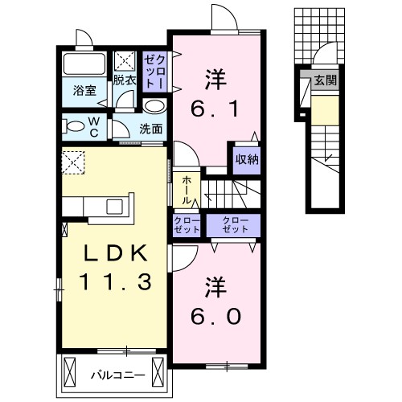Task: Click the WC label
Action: (94, 126)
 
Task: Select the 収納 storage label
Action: (246, 158)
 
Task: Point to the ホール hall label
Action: (187, 191)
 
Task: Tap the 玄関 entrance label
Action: (325, 80)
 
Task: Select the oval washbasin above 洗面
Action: (154, 106)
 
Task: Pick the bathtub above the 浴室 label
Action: (84, 64)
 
